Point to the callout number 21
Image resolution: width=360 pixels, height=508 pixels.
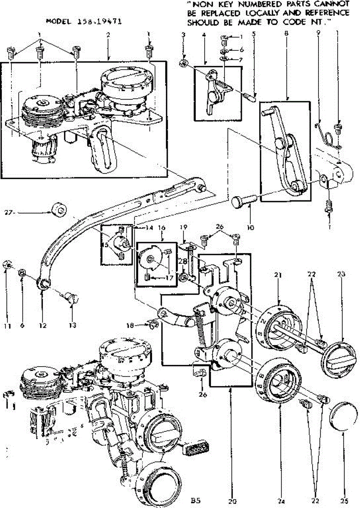click(x=278, y=275)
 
